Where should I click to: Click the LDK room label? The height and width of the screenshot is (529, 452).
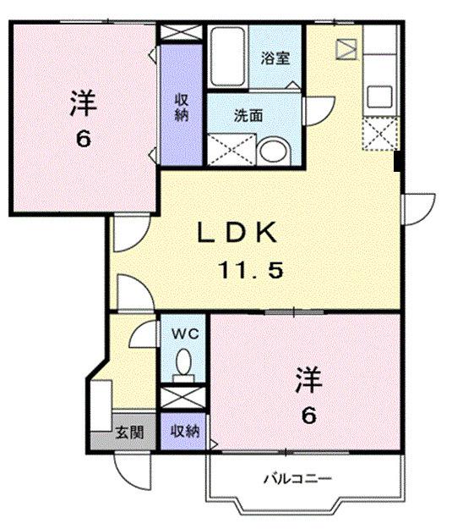237,232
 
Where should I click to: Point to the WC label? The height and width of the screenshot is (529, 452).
184,333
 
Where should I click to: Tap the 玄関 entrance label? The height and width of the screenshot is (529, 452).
129,433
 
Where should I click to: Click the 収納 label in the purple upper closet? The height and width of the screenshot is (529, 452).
181,107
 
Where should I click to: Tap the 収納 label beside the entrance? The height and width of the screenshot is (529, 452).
184,432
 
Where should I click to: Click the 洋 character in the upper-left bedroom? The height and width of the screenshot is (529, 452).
82,105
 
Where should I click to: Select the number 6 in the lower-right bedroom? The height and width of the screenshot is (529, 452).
309,416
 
